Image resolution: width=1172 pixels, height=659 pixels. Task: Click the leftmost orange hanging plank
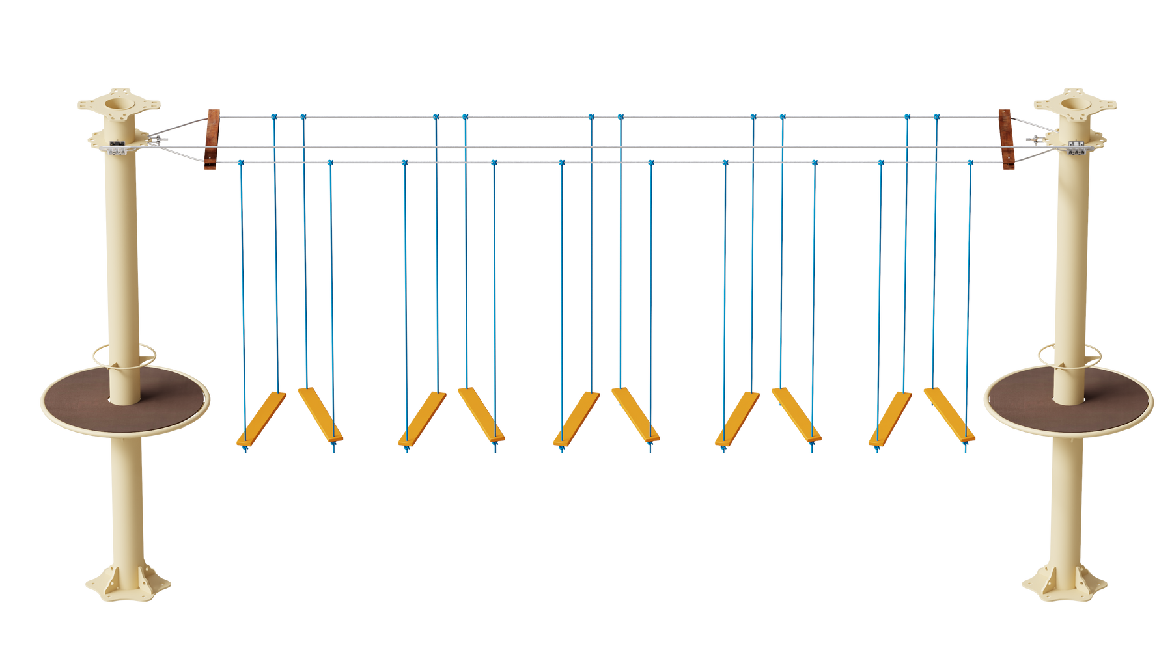click(x=261, y=418)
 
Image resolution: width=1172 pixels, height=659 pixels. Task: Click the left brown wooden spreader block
click(x=212, y=139)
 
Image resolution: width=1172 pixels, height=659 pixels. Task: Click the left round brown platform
click(x=78, y=397)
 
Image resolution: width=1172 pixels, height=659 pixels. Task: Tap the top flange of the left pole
click(x=119, y=103)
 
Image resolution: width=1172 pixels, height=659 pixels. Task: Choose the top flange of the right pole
click(x=1074, y=103)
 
